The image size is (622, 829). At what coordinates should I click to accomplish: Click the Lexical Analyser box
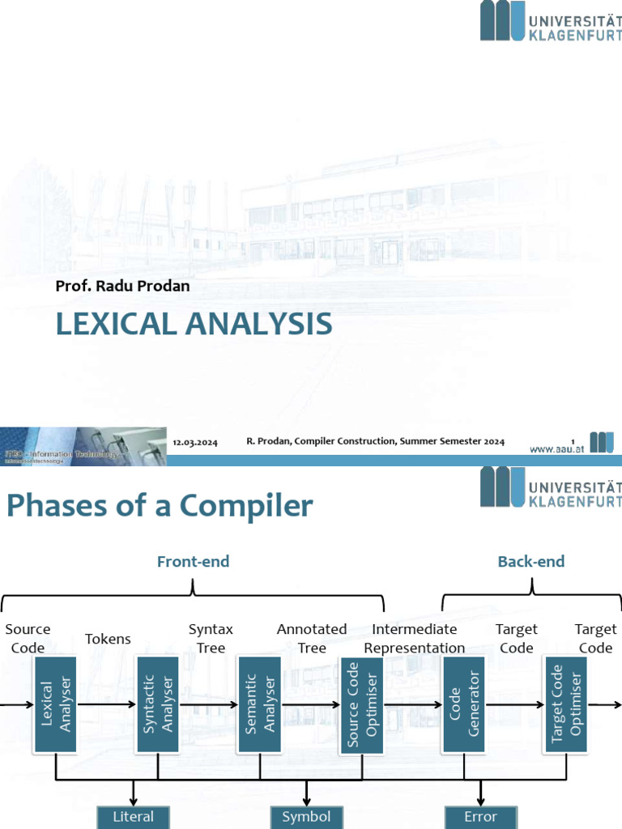55,704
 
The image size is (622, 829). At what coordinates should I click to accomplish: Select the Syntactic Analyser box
158,704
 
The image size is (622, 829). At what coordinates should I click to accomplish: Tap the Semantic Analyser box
259,704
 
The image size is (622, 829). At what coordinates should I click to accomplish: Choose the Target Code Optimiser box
566,704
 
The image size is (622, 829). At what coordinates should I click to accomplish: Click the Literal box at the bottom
133,817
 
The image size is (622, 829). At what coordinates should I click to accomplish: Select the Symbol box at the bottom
307,817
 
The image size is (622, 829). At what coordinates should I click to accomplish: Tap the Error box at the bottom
481,817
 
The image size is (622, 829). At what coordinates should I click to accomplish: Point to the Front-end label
193,561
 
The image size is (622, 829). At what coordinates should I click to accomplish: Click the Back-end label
531,561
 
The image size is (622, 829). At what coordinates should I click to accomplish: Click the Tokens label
108,639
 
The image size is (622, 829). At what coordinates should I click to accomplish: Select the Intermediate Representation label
415,639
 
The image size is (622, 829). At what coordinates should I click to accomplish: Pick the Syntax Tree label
211,639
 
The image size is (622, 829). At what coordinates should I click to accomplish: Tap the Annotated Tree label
312,639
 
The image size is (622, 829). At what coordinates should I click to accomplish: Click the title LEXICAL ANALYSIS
194,324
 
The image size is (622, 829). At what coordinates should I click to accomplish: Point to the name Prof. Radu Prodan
122,285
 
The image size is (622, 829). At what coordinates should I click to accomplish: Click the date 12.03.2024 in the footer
195,442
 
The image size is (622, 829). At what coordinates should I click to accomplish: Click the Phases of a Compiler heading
160,506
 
